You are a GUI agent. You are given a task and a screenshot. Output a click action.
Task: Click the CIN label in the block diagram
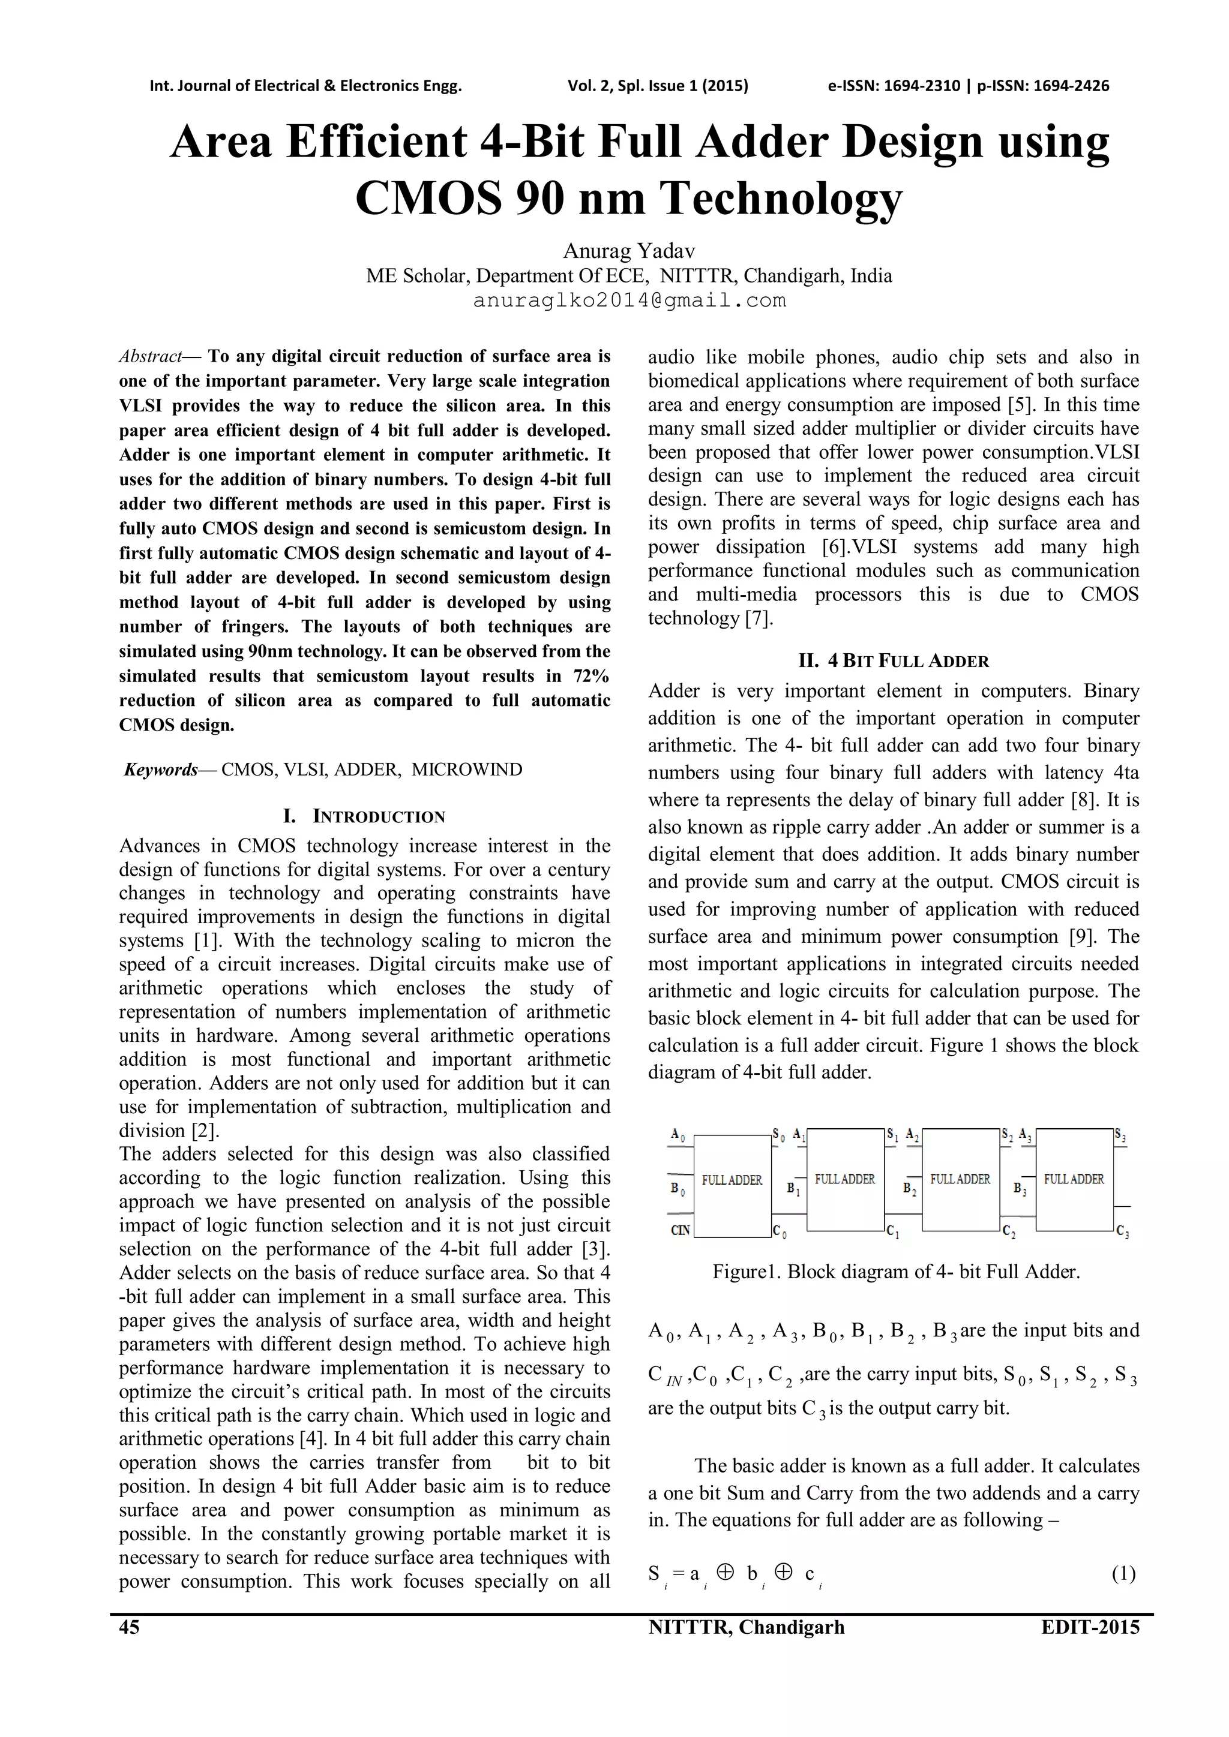(x=679, y=1230)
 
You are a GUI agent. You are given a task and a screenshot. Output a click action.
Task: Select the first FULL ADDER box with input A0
(x=732, y=1181)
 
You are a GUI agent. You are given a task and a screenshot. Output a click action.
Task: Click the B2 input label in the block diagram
(x=910, y=1189)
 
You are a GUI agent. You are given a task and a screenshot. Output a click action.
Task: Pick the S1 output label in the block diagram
(x=892, y=1135)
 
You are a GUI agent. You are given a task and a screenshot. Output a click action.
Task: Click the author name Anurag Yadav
(x=629, y=250)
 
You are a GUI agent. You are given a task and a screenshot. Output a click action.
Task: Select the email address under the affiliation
(x=629, y=301)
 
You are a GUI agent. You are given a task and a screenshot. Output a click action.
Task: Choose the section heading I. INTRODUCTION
(x=364, y=816)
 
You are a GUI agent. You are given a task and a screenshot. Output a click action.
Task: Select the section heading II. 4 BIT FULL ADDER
(x=893, y=661)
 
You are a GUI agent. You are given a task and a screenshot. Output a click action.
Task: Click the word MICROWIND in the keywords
(x=466, y=770)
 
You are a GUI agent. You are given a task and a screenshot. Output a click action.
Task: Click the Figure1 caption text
(x=896, y=1272)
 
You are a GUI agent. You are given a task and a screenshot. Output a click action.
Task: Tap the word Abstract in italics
(x=151, y=356)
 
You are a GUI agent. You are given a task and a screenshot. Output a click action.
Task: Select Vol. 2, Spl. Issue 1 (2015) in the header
(x=658, y=86)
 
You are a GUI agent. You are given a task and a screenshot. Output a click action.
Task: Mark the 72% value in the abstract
(x=591, y=675)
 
